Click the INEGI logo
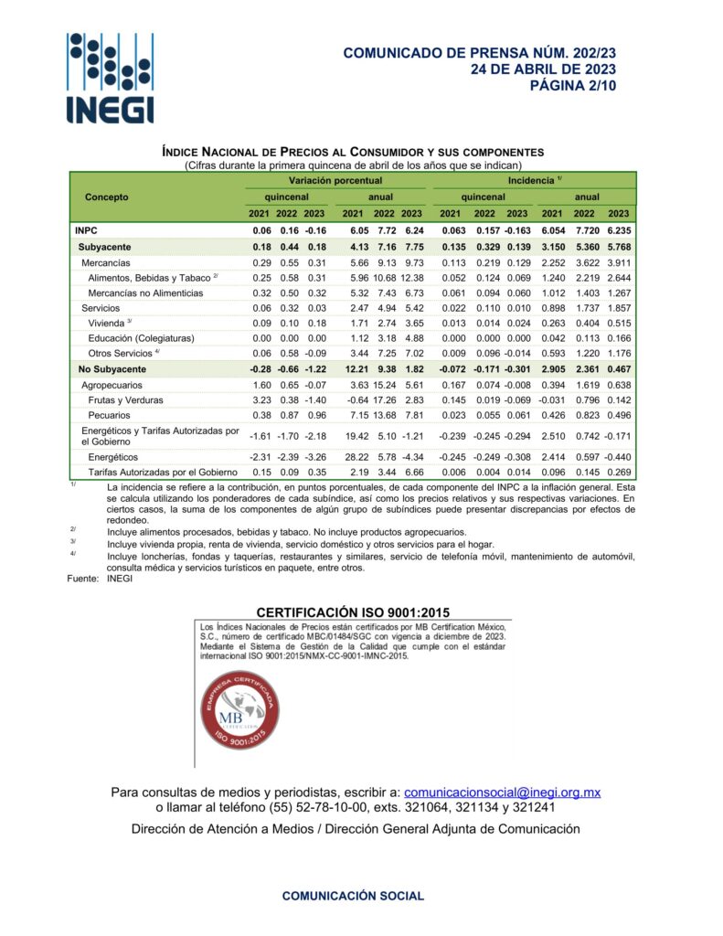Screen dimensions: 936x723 (x=110, y=78)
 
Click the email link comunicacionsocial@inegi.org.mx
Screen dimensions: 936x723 (x=502, y=792)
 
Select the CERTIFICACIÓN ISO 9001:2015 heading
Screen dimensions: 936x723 (x=353, y=612)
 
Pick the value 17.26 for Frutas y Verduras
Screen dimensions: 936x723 (x=383, y=399)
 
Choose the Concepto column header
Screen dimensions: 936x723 (x=107, y=197)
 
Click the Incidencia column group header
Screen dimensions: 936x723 (x=535, y=181)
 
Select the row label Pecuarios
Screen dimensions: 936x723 (x=112, y=415)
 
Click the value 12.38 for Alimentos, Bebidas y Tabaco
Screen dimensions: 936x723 (x=412, y=278)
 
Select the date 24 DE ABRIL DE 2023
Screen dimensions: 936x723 (x=543, y=69)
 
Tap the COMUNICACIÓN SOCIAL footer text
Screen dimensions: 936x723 (x=353, y=896)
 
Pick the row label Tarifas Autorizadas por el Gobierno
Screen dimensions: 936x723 (x=163, y=472)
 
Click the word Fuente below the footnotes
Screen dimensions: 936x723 (x=82, y=580)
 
